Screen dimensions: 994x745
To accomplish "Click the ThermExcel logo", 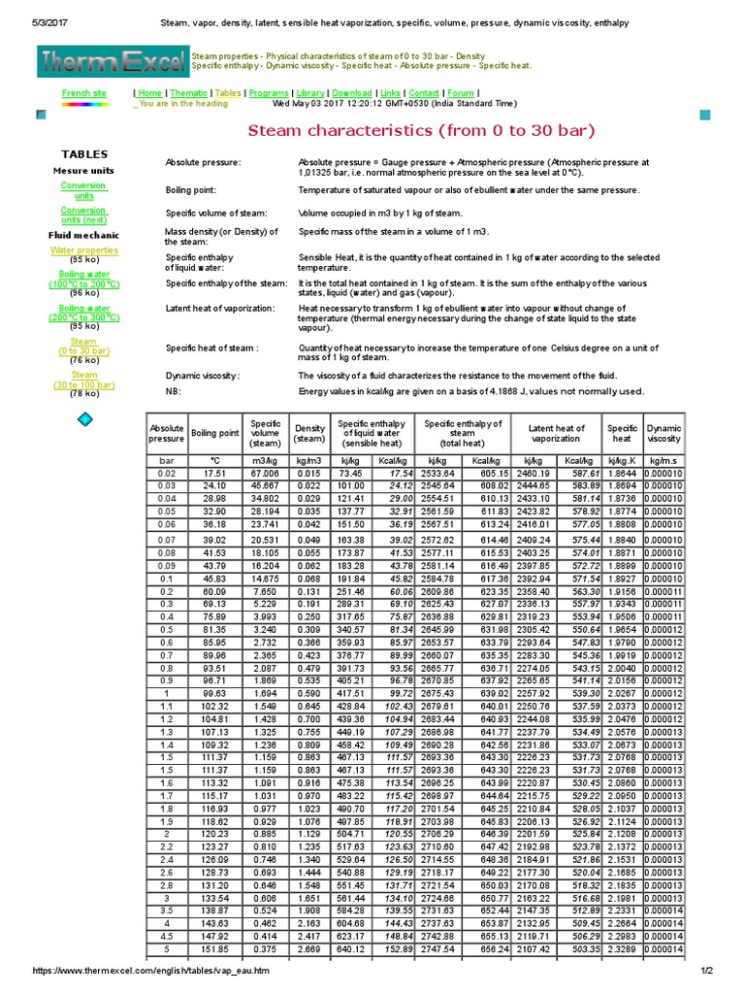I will click(x=113, y=63).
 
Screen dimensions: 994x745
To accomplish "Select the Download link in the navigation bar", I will click(x=352, y=93).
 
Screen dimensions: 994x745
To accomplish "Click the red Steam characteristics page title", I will click(x=422, y=131).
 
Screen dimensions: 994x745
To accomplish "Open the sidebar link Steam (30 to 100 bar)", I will click(x=84, y=380).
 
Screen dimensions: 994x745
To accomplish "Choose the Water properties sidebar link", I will click(x=83, y=250).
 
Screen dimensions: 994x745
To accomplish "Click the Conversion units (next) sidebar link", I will click(x=83, y=215).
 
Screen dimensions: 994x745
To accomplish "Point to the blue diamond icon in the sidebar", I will click(x=84, y=418).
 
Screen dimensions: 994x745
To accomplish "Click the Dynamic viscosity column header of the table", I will click(x=664, y=433).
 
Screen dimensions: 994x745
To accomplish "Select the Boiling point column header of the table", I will click(x=214, y=433).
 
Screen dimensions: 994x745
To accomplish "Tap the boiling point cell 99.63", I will click(x=214, y=694).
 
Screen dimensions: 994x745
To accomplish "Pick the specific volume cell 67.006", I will click(x=265, y=471).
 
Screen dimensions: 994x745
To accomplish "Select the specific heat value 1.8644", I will click(x=622, y=471).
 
